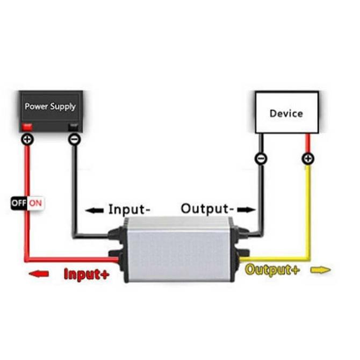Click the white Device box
pos(286,112)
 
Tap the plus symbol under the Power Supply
pos(27,140)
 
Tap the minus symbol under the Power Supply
pos(75,140)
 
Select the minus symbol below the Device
pos(261,159)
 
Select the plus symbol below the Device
pos(308,159)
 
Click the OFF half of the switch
pos(19,203)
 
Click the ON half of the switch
pos(35,203)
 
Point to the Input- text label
pos(130,209)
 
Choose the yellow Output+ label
pos(272,270)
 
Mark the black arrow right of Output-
pos(247,209)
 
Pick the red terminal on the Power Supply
pos(27,127)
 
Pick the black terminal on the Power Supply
pos(75,127)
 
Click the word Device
pos(286,113)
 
